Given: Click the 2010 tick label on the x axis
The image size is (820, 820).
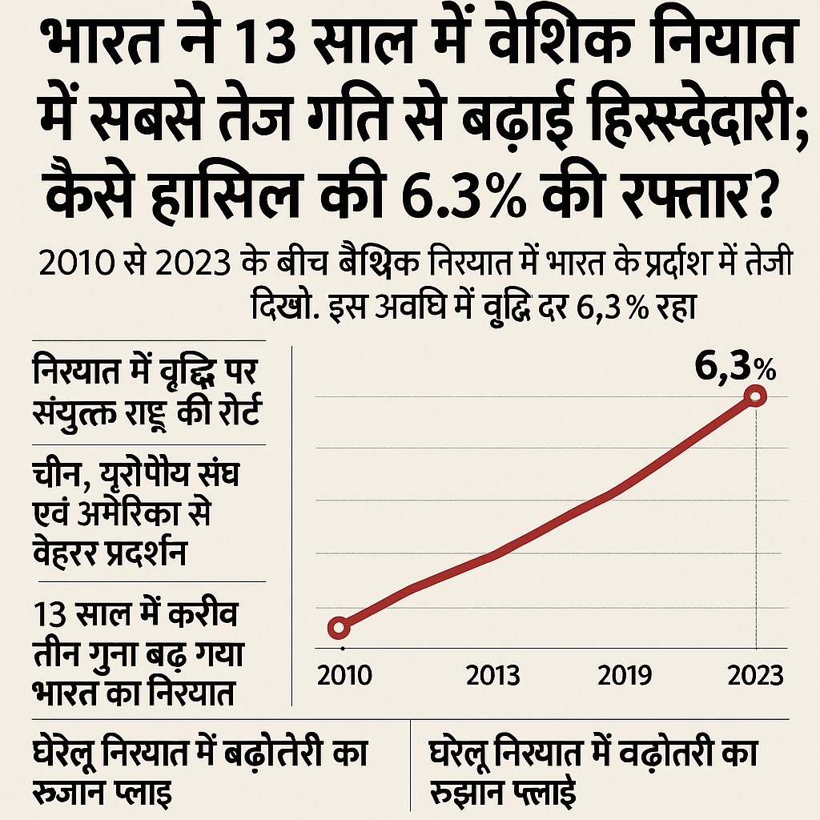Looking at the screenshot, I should (x=344, y=675).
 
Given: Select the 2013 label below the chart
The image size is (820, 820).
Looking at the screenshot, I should (x=492, y=675).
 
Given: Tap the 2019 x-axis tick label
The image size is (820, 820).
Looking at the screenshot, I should (x=625, y=675).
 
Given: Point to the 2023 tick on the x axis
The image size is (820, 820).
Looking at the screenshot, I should (x=756, y=675).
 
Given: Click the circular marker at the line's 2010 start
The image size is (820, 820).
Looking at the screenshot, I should (x=339, y=627).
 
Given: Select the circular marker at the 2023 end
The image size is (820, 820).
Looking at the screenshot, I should (x=756, y=396).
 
